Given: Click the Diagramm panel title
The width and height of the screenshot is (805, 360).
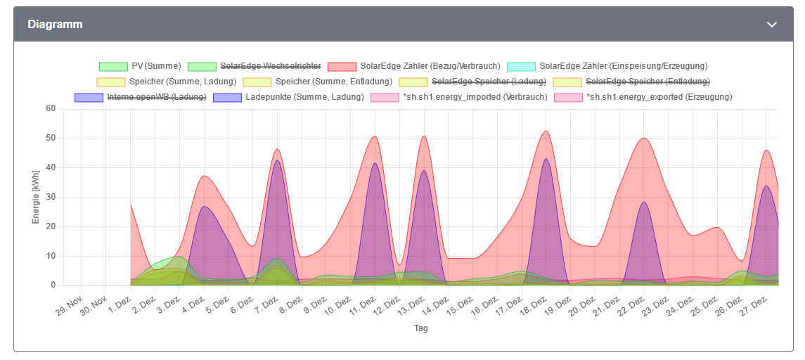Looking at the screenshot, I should [55, 24].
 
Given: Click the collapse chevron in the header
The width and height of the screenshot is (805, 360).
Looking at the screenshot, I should [772, 25].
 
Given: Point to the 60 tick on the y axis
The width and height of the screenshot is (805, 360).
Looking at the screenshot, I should [51, 109].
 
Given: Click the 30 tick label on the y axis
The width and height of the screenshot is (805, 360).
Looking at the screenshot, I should [51, 198].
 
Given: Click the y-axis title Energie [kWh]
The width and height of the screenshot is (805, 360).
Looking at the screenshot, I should [36, 198].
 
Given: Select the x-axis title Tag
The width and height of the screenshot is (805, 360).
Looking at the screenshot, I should [420, 328].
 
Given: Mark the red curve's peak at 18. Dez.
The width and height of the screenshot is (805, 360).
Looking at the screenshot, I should [546, 131].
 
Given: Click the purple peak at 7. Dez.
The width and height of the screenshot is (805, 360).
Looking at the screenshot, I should [277, 160].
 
